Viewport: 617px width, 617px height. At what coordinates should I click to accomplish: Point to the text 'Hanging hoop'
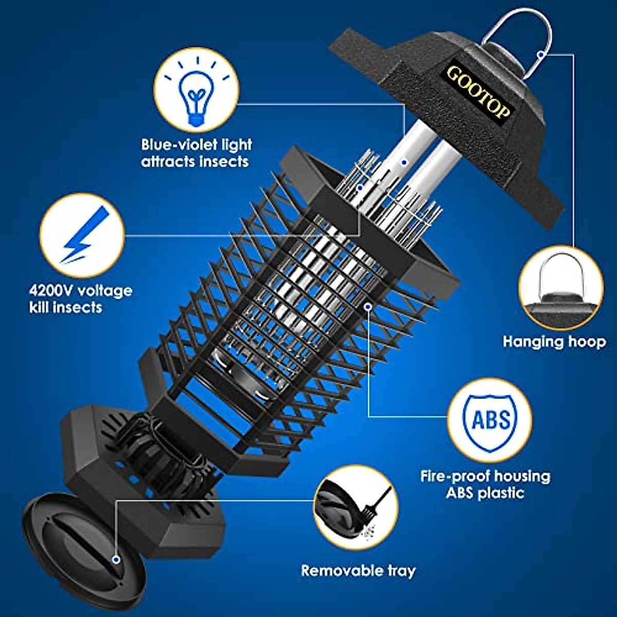pos(554,341)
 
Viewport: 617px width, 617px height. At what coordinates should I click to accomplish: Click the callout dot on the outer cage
pos(368,306)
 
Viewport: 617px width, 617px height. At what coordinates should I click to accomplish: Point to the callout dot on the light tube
pos(405,162)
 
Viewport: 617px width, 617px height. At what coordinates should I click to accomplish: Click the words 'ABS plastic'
pos(485,493)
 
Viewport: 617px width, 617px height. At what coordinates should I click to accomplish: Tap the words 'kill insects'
pos(65,307)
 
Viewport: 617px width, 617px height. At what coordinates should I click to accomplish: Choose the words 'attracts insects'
pos(195,161)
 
